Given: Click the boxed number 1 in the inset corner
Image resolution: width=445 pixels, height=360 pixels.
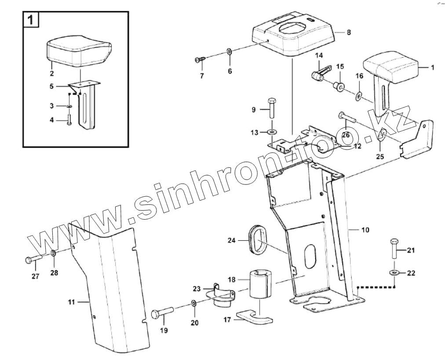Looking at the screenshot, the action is (30, 20).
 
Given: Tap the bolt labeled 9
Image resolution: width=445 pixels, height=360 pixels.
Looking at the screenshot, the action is (270, 107).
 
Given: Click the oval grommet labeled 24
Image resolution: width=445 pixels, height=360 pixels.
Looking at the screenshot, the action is (257, 240).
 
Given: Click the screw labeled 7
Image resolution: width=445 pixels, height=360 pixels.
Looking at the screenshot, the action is (199, 60).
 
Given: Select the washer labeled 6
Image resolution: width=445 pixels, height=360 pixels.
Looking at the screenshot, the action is (229, 52).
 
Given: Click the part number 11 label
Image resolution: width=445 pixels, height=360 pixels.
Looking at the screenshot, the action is (72, 302).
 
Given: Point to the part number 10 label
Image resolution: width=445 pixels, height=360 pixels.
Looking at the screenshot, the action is (365, 230).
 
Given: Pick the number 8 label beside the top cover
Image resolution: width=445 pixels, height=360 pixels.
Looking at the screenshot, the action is (349, 32).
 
